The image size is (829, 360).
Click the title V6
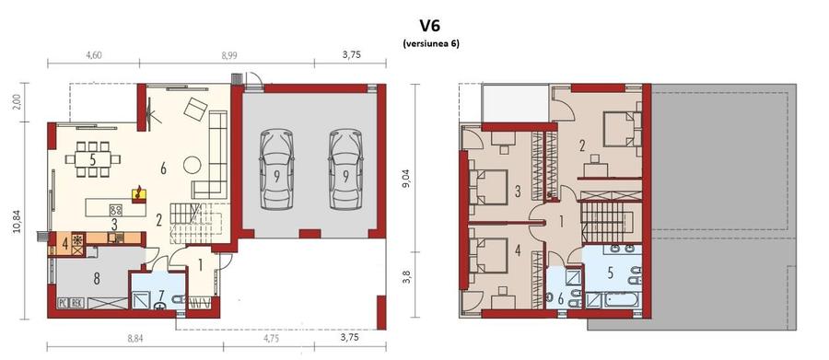point(429,26)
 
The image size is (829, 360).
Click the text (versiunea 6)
point(430,44)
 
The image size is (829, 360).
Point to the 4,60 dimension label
point(94,55)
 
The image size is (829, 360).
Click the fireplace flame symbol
point(139,192)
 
